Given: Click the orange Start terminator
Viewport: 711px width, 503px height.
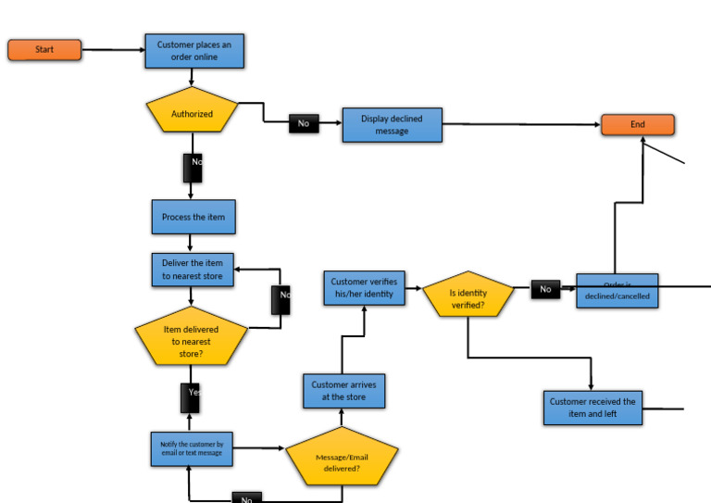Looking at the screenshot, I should point(44,50).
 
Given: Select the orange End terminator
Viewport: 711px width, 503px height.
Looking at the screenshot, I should point(637,124).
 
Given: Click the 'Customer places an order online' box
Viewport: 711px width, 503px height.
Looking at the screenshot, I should point(194,51).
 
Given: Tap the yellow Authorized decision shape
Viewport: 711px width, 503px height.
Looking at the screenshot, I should point(192,113).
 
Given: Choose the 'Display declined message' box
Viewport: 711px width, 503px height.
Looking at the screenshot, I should point(392,125).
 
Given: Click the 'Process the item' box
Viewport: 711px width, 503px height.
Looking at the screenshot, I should point(193,217).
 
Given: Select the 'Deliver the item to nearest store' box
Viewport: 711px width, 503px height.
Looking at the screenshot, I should point(193,269).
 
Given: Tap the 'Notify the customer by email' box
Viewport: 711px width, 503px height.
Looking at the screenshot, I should point(192,449).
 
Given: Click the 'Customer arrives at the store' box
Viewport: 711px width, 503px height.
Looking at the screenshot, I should point(343,391).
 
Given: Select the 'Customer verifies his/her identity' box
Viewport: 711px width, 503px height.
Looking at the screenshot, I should point(362,288).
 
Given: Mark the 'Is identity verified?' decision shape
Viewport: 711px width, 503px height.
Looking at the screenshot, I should point(468,296).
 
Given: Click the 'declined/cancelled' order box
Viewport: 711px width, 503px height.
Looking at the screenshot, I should point(617,291).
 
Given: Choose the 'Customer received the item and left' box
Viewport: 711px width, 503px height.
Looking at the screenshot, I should point(592,408).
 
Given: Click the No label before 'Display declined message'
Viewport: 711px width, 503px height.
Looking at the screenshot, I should point(304,123).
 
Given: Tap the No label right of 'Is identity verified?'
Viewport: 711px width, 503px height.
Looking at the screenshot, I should point(545,289).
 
